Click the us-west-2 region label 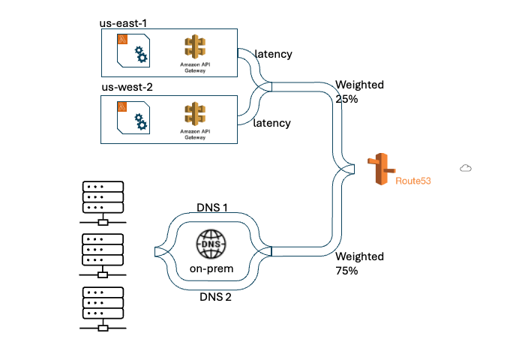(127, 88)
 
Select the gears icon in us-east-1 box (139, 55)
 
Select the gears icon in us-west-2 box (139, 121)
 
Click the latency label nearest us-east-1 (273, 54)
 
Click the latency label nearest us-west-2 (271, 122)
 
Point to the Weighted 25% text (359, 91)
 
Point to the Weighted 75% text (359, 263)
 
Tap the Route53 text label (413, 181)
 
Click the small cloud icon (465, 168)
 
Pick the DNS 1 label (212, 207)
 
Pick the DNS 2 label (215, 297)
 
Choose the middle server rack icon (103, 254)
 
